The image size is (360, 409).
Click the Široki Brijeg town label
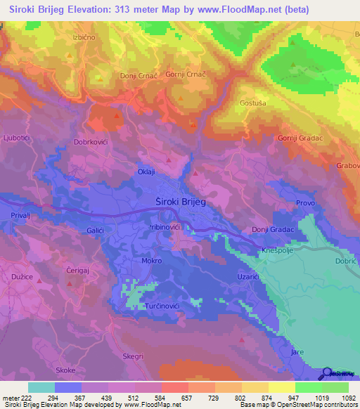tap(179, 202)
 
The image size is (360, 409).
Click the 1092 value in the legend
tap(340, 398)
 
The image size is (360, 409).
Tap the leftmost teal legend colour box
tap(41, 387)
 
